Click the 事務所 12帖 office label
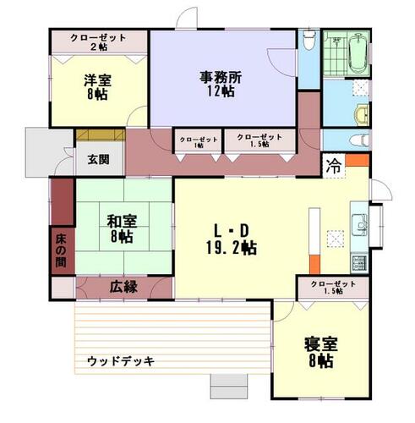pyautogui.click(x=221, y=84)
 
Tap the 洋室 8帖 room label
pyautogui.click(x=97, y=87)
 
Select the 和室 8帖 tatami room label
pyautogui.click(x=122, y=228)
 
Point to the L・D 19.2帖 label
pyautogui.click(x=232, y=239)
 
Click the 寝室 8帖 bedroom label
pyautogui.click(x=321, y=353)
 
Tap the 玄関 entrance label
pyautogui.click(x=98, y=160)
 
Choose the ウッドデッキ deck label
pyautogui.click(x=121, y=361)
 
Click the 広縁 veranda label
pyautogui.click(x=123, y=287)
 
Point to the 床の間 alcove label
pyautogui.click(x=61, y=251)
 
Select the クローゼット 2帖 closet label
pyautogui.click(x=98, y=41)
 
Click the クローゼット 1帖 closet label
pyautogui.click(x=199, y=142)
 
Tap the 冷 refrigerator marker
pyautogui.click(x=334, y=166)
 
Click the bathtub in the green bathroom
pyautogui.click(x=358, y=53)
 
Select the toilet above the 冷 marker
pyautogui.click(x=359, y=140)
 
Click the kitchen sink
pyautogui.click(x=359, y=224)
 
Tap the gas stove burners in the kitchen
pyautogui.click(x=359, y=263)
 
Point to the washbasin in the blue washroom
pyautogui.click(x=362, y=115)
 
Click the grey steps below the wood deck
pyautogui.click(x=229, y=387)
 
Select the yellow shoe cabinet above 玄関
pyautogui.click(x=101, y=135)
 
